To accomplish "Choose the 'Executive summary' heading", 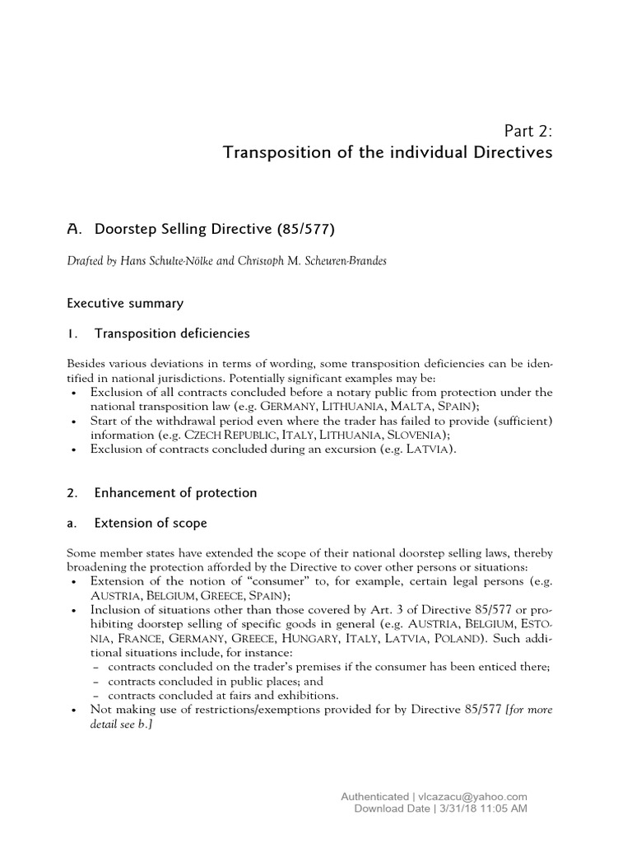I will tap(125, 303).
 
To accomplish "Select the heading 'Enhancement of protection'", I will tap(175, 492).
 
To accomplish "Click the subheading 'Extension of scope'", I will tap(151, 523).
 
